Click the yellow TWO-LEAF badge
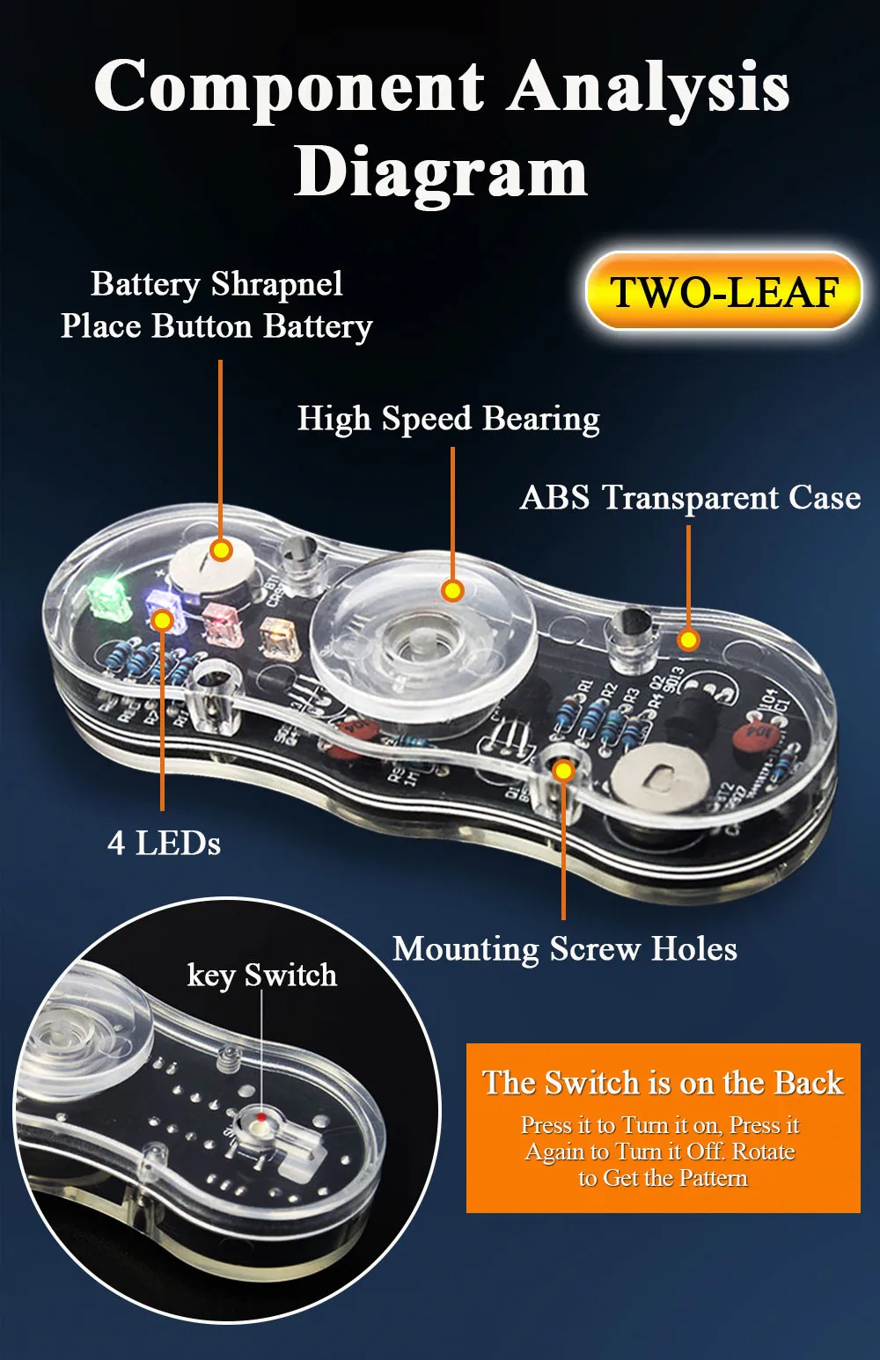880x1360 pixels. coord(723,292)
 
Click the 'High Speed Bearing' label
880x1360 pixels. coord(448,419)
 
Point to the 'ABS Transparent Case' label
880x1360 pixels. coord(690,498)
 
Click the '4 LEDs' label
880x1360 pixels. coord(164,843)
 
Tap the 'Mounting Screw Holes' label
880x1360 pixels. coord(564,949)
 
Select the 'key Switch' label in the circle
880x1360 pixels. coord(261,976)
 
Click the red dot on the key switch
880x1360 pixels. coord(260,1117)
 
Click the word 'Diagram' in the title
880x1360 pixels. coord(440,172)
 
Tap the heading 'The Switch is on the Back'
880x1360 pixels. coord(663,1083)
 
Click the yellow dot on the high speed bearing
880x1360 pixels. coord(452,590)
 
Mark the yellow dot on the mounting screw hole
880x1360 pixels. coord(563,771)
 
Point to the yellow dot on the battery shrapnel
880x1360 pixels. coord(221,551)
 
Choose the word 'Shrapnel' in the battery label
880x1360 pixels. coord(277,284)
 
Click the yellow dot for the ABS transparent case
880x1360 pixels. coord(688,640)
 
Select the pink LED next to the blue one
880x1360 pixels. coord(217,622)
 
